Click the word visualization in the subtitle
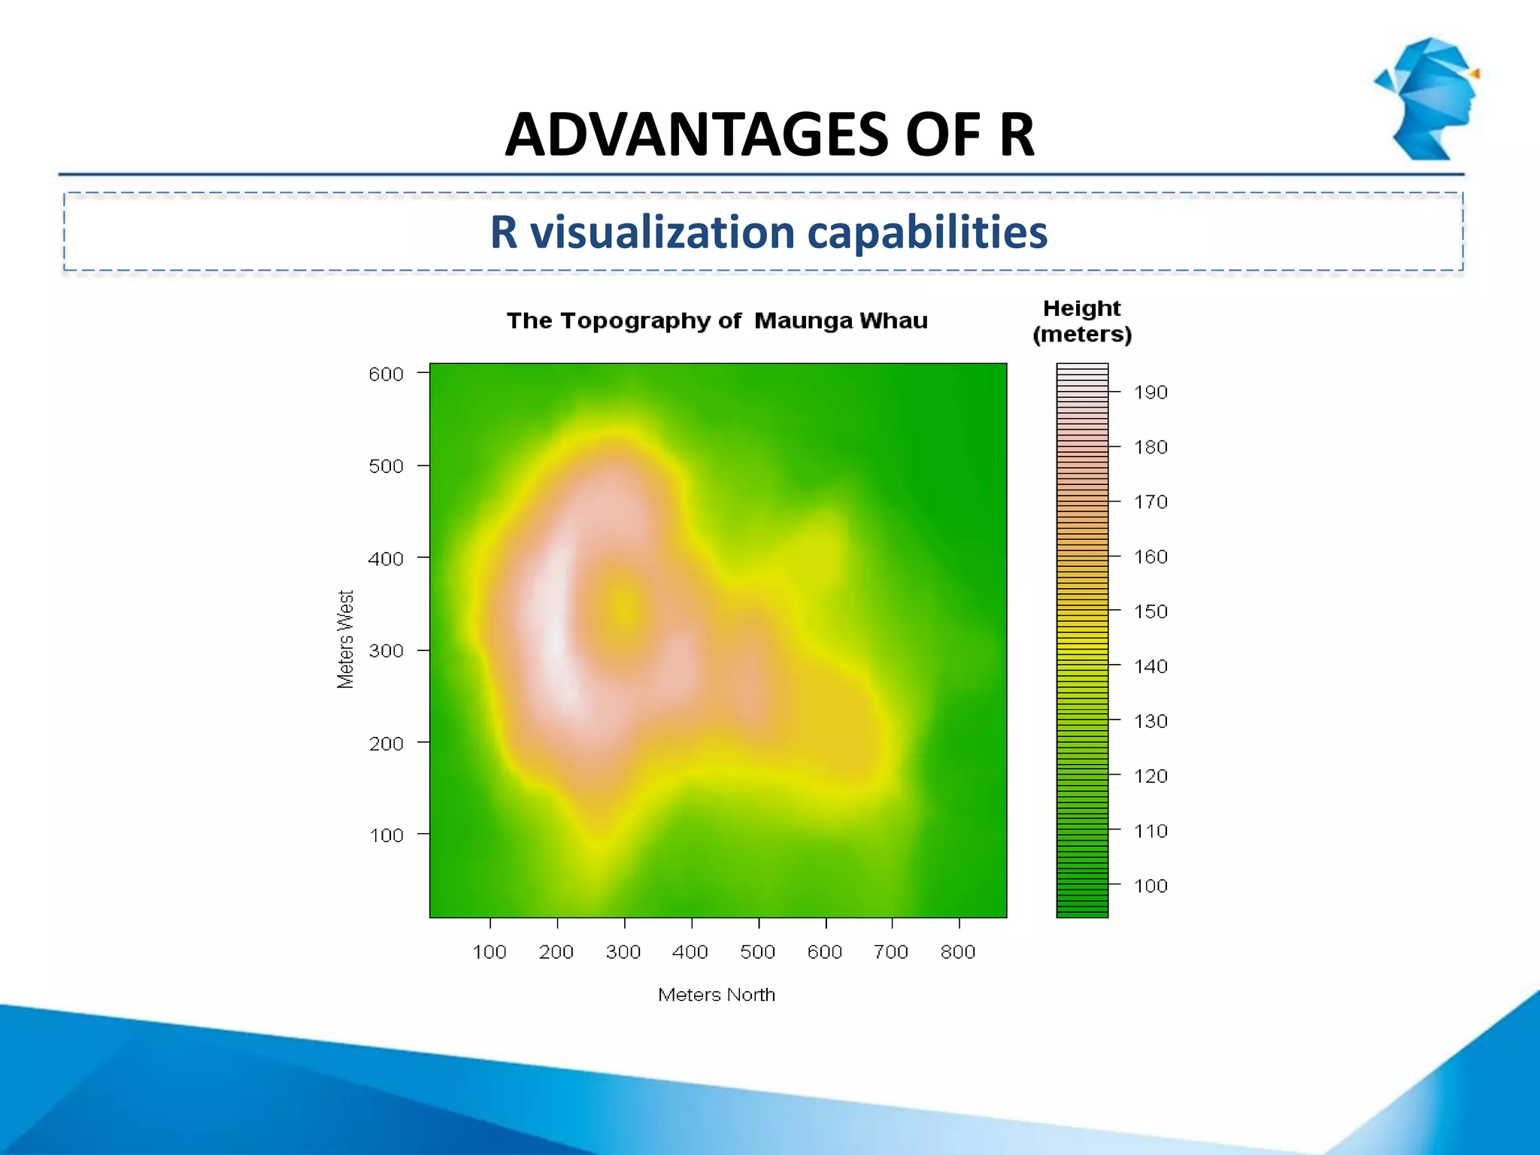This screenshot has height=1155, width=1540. (x=662, y=232)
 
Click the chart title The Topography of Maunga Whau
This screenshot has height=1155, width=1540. (x=717, y=321)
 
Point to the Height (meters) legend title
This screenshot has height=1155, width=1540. (x=1082, y=321)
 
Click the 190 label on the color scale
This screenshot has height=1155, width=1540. (x=1150, y=393)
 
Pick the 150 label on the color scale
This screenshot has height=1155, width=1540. (x=1150, y=611)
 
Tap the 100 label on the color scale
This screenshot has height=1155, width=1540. (x=1150, y=886)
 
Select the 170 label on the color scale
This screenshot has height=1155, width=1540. (x=1150, y=502)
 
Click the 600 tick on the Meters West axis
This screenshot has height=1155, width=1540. (x=386, y=374)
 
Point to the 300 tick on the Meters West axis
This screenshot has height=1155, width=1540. (x=386, y=651)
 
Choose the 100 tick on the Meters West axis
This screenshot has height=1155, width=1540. (x=386, y=835)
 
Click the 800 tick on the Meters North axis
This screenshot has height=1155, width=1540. (x=958, y=952)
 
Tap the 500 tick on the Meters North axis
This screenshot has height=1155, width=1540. (x=757, y=952)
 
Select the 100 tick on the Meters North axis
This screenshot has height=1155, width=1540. (x=490, y=952)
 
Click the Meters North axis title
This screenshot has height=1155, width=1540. (x=716, y=995)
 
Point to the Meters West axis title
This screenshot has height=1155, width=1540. (x=345, y=639)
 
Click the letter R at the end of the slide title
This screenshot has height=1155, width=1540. (x=1017, y=135)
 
